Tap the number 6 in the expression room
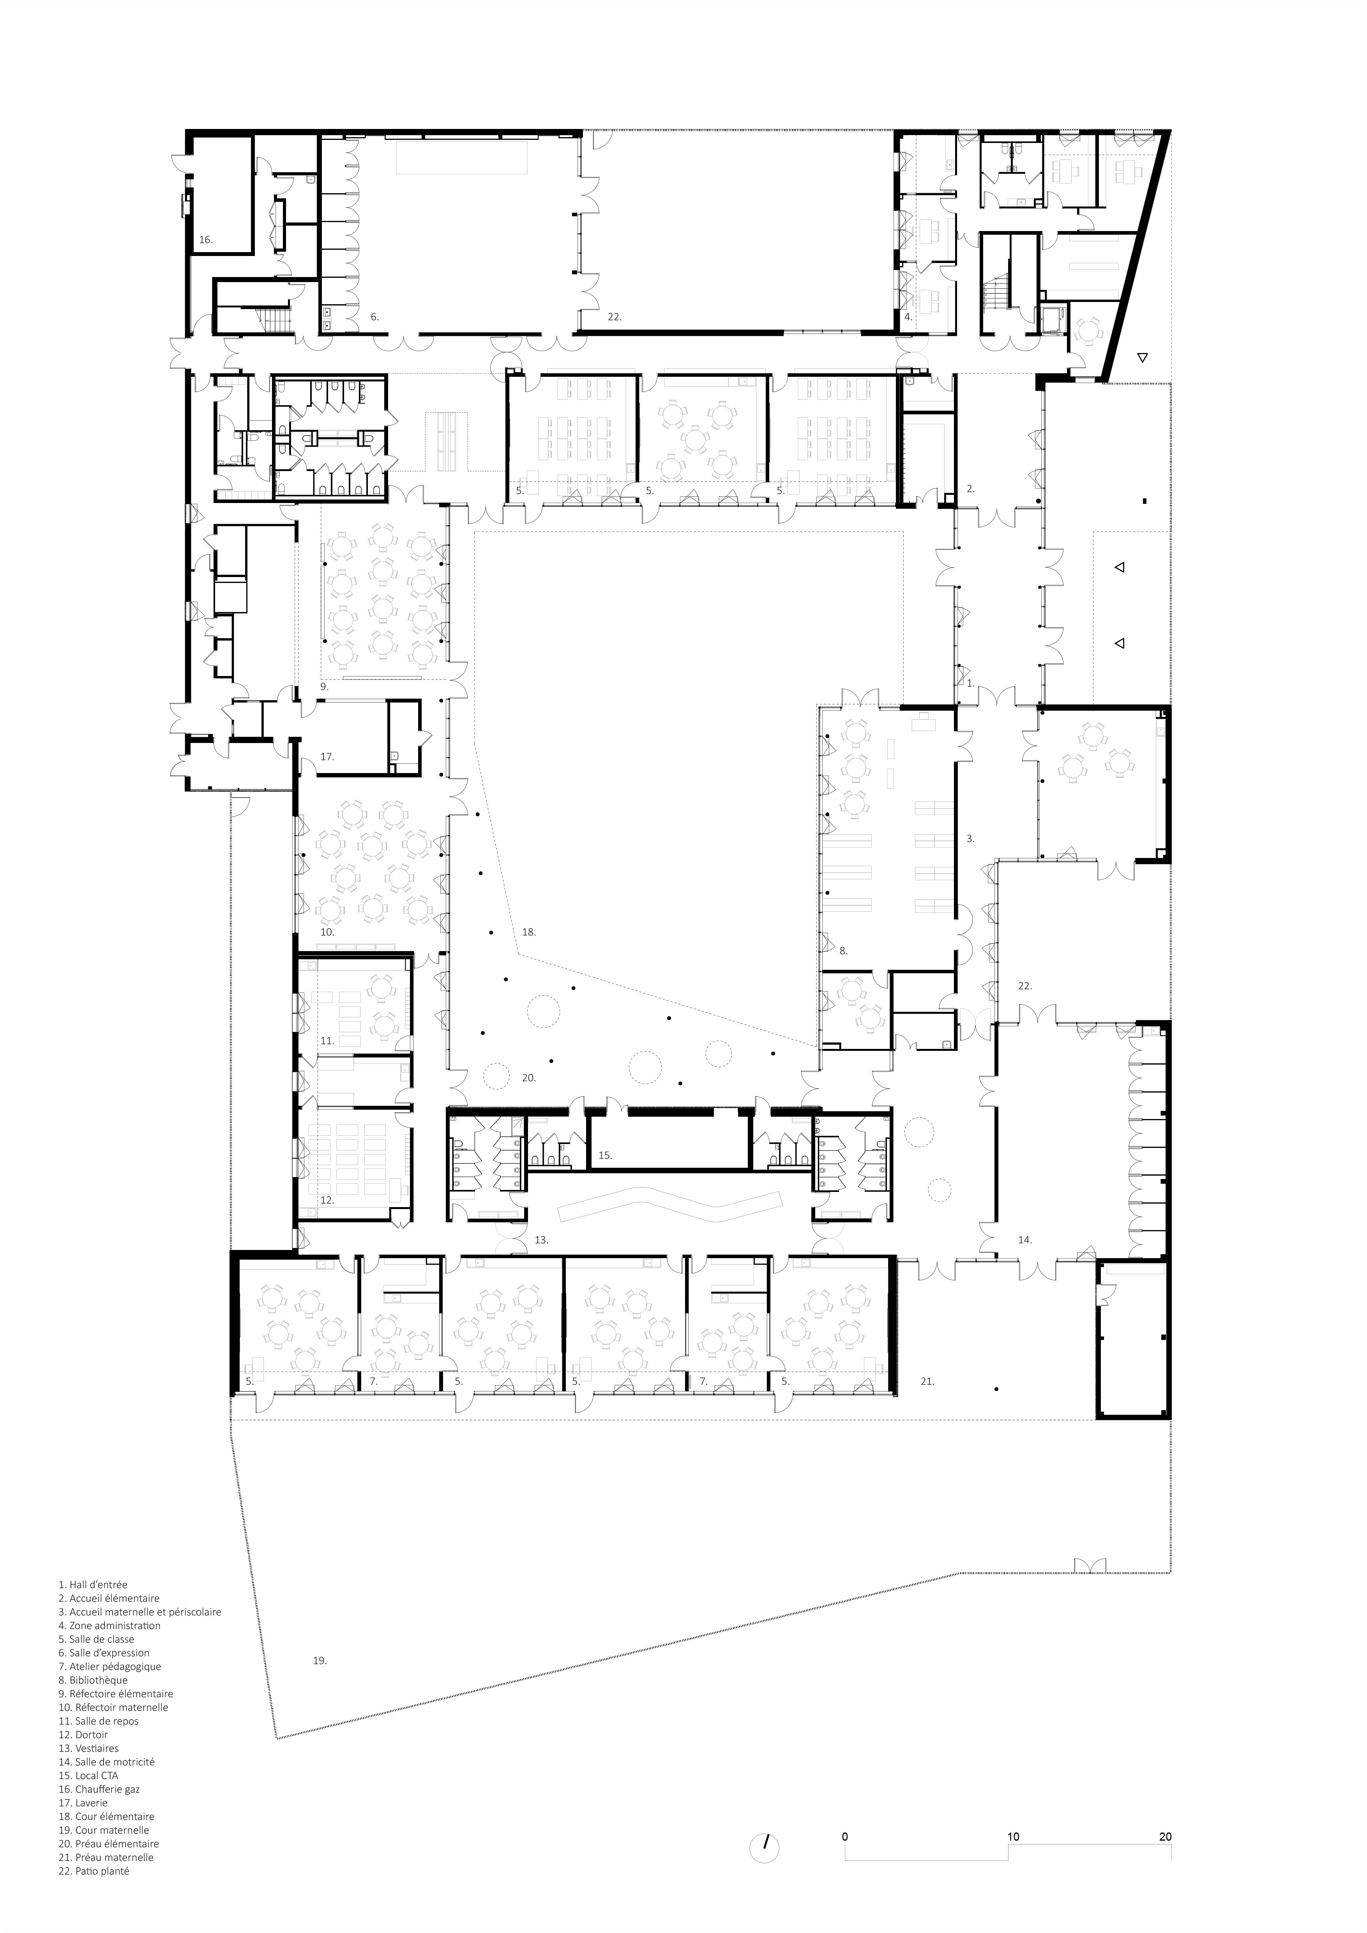click(x=374, y=318)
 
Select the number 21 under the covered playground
click(x=927, y=1382)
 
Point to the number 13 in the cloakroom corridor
click(x=541, y=1240)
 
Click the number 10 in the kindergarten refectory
click(x=327, y=932)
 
